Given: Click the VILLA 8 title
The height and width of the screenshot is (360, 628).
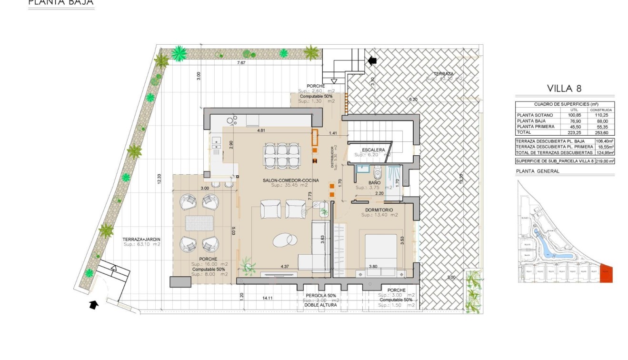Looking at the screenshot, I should click(564, 88).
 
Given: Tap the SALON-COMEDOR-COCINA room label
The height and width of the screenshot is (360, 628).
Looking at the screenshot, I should click(290, 180).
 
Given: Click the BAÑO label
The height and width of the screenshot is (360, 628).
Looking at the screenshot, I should click(374, 182).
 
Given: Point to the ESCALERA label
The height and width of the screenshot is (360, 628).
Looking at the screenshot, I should click(373, 150).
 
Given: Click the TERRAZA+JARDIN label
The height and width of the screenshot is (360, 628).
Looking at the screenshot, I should click(141, 239).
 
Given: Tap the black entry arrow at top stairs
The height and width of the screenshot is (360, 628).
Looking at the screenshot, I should click(372, 60).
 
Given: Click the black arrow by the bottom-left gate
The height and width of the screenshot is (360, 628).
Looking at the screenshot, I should click(94, 304).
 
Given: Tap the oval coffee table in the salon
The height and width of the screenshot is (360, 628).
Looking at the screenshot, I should click(284, 239).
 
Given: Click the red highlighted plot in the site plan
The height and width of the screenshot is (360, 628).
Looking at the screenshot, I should click(606, 274).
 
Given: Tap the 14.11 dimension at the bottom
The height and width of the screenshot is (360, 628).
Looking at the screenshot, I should click(268, 298).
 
